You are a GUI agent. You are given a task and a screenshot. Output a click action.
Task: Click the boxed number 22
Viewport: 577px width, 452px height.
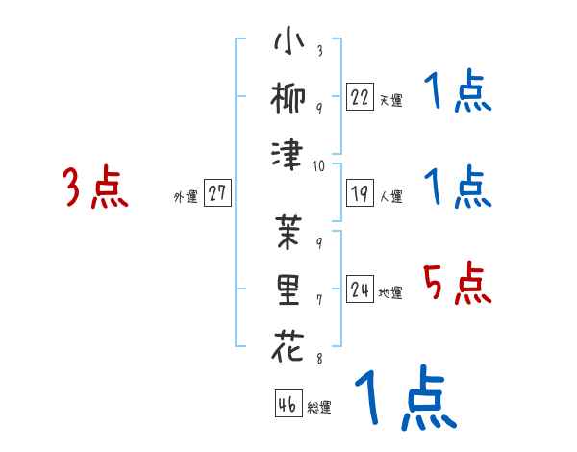(x=361, y=96)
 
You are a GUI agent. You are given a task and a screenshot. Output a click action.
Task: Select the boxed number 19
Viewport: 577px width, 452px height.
(x=361, y=192)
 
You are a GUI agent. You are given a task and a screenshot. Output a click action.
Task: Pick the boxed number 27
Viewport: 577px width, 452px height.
(x=217, y=193)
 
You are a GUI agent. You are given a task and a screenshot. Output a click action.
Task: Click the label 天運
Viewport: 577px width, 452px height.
(x=390, y=99)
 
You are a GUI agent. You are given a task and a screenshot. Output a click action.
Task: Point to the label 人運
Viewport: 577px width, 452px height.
(x=390, y=196)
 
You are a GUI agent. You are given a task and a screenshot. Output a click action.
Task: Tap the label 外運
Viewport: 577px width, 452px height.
(x=185, y=196)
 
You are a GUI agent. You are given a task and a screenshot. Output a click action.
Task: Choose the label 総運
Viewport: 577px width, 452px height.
(x=319, y=407)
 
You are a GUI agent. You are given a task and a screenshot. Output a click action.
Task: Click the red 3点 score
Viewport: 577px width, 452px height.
(x=96, y=188)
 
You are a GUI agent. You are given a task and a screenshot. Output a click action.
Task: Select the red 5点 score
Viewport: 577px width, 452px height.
(x=458, y=283)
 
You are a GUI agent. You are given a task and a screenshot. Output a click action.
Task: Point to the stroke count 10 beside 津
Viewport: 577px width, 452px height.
(x=318, y=164)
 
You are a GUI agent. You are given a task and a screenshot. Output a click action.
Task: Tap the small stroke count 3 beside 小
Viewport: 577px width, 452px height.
(x=318, y=51)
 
